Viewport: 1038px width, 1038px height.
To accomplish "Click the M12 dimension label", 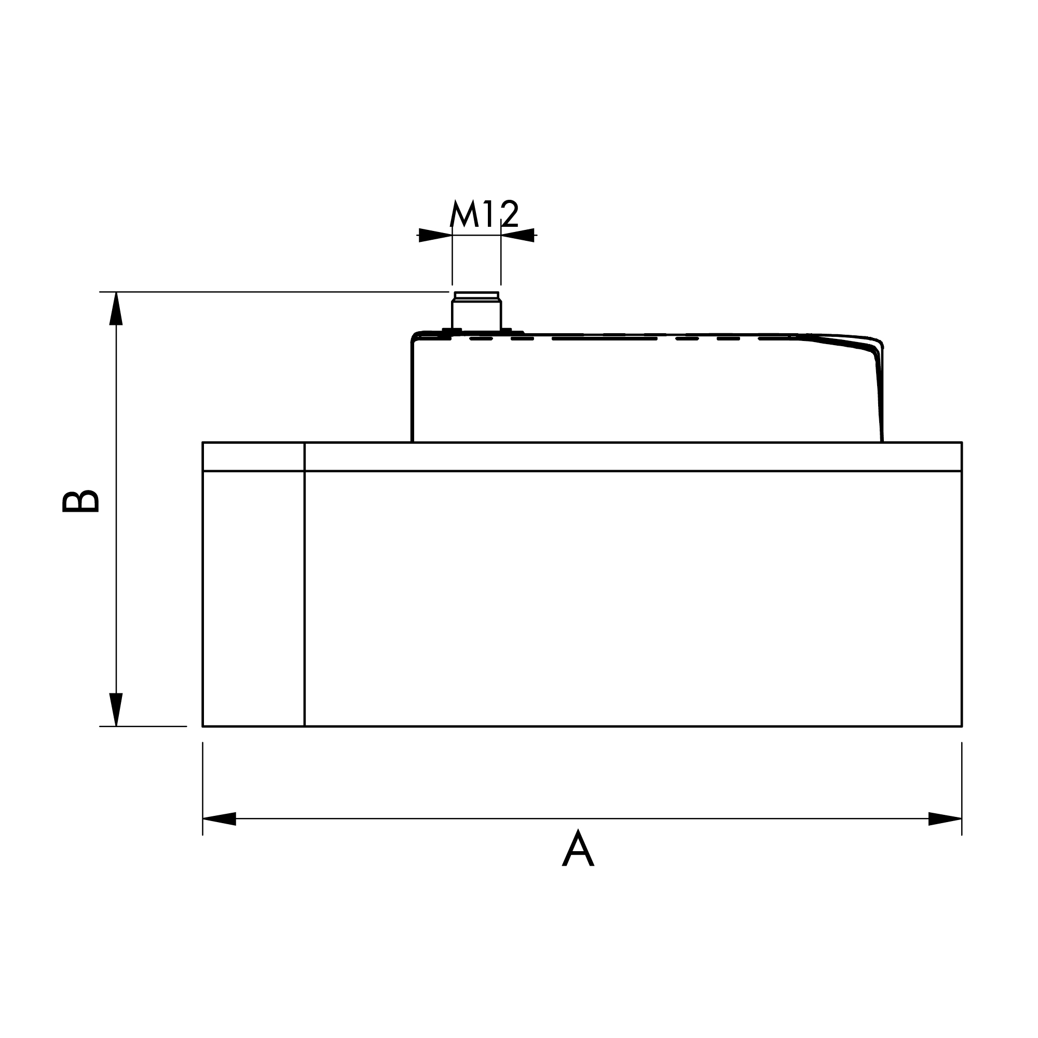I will click(x=484, y=214).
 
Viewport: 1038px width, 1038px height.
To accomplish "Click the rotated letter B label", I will click(x=80, y=501).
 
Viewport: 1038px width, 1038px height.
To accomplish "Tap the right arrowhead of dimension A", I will click(x=945, y=819).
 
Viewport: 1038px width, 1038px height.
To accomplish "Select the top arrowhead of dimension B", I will click(x=116, y=309).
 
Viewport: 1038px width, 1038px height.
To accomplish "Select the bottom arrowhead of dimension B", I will click(x=116, y=709).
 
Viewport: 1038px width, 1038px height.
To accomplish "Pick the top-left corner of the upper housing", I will click(x=414, y=335).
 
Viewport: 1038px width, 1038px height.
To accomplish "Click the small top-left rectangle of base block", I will click(x=253, y=457).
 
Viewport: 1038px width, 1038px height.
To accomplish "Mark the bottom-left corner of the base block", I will click(x=203, y=726).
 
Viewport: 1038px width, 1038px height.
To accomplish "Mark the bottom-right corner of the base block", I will click(x=961, y=726).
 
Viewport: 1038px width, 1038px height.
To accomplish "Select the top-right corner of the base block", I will click(x=961, y=443).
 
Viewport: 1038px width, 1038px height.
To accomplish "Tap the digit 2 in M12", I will click(x=510, y=214).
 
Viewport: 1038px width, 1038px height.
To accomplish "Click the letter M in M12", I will click(x=463, y=214).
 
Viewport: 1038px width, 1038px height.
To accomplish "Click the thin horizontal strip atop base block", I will click(x=632, y=457).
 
